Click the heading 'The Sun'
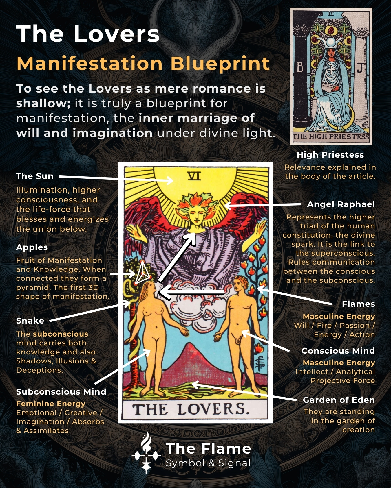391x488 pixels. pos(35,176)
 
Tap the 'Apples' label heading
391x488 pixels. pos(32,247)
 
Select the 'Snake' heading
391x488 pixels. pos(30,321)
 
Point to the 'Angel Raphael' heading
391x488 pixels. pos(341,204)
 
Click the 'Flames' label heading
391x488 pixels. pos(358,304)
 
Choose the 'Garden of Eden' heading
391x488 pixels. pos(339,400)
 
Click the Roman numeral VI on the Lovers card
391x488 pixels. pos(194,176)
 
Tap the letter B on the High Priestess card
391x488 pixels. pos(300,68)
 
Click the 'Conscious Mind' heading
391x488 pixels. pos(338,351)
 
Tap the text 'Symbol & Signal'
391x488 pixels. pos(208,463)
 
